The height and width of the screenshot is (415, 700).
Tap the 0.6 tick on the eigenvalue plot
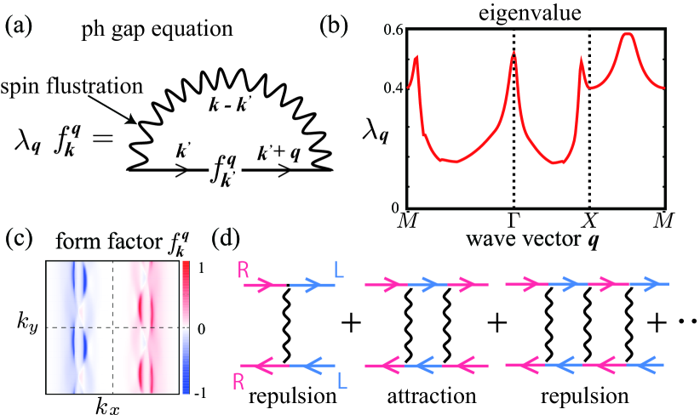[x=394, y=31]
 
